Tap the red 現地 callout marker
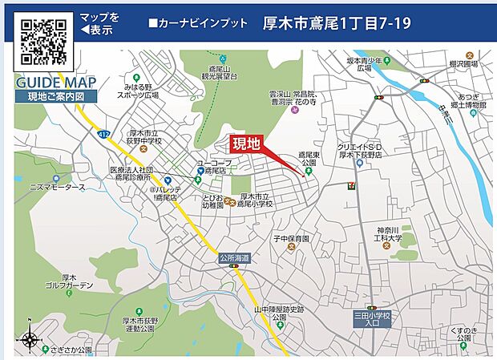tap(246, 144)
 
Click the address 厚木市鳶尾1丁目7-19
tap(337, 23)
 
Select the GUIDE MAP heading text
tap(56, 83)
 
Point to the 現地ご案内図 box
tap(56, 96)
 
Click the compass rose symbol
tap(30, 339)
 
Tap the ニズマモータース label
tap(57, 188)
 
